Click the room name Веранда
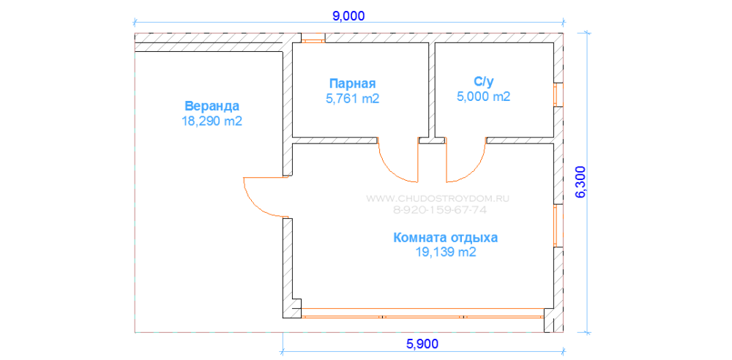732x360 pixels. pyautogui.click(x=212, y=105)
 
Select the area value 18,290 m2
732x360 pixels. pyautogui.click(x=212, y=121)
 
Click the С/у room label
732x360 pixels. pyautogui.click(x=482, y=81)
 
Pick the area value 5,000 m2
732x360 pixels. pyautogui.click(x=482, y=96)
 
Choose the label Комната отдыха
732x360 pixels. pyautogui.click(x=445, y=237)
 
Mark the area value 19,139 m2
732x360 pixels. pyautogui.click(x=445, y=252)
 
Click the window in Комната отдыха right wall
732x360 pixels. pyautogui.click(x=556, y=225)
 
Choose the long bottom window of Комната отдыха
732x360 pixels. pyautogui.click(x=422, y=317)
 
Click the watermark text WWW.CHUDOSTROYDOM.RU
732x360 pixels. pyautogui.click(x=437, y=198)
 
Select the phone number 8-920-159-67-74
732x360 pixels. pyautogui.click(x=439, y=209)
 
